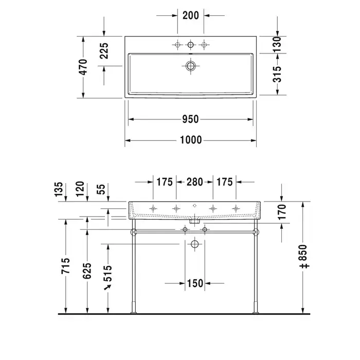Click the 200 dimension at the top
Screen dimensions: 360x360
[x=191, y=15]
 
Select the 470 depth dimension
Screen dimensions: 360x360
[x=83, y=67]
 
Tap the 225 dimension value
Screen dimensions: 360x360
[x=104, y=51]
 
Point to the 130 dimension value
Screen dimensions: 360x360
[x=277, y=44]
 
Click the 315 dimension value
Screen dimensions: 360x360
[x=277, y=74]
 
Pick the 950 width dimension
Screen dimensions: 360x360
[x=190, y=119]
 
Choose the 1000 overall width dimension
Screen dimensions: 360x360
[x=191, y=140]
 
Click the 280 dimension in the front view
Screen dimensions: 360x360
[x=195, y=182]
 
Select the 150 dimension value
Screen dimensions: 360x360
[x=195, y=283]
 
